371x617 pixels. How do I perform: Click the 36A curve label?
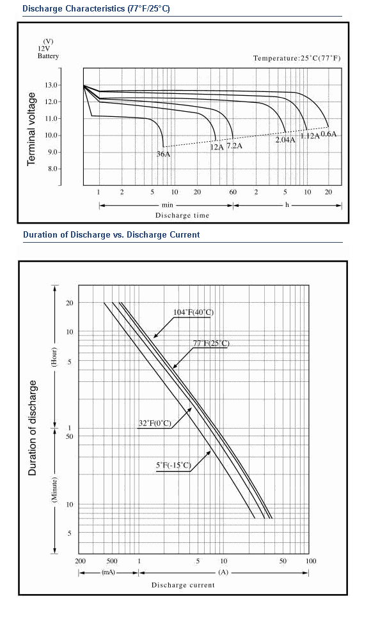tap(163, 154)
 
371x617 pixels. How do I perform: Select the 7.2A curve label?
tap(234, 146)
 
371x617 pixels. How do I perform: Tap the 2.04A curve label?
tap(285, 140)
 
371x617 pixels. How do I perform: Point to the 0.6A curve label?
tap(328, 133)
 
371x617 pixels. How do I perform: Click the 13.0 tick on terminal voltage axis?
tap(52, 85)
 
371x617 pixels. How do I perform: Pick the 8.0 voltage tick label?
tap(52, 169)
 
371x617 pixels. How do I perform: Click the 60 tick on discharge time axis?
tap(233, 192)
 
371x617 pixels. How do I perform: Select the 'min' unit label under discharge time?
tap(167, 205)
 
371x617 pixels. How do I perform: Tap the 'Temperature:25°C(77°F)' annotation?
tap(297, 58)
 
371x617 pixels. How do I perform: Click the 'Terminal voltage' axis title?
tap(31, 129)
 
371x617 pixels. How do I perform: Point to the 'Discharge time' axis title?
tap(182, 215)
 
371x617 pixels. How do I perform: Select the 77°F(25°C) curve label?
tap(211, 343)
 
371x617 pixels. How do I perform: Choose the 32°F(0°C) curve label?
tap(155, 423)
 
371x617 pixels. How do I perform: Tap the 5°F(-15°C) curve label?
tap(173, 466)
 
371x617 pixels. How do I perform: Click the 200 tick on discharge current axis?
tap(80, 561)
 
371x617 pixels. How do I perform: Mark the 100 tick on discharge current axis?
tap(311, 561)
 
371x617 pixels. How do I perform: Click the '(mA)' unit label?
tap(109, 572)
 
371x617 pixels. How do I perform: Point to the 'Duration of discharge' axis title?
tap(33, 428)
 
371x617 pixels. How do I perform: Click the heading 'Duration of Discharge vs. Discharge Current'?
tap(111, 235)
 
